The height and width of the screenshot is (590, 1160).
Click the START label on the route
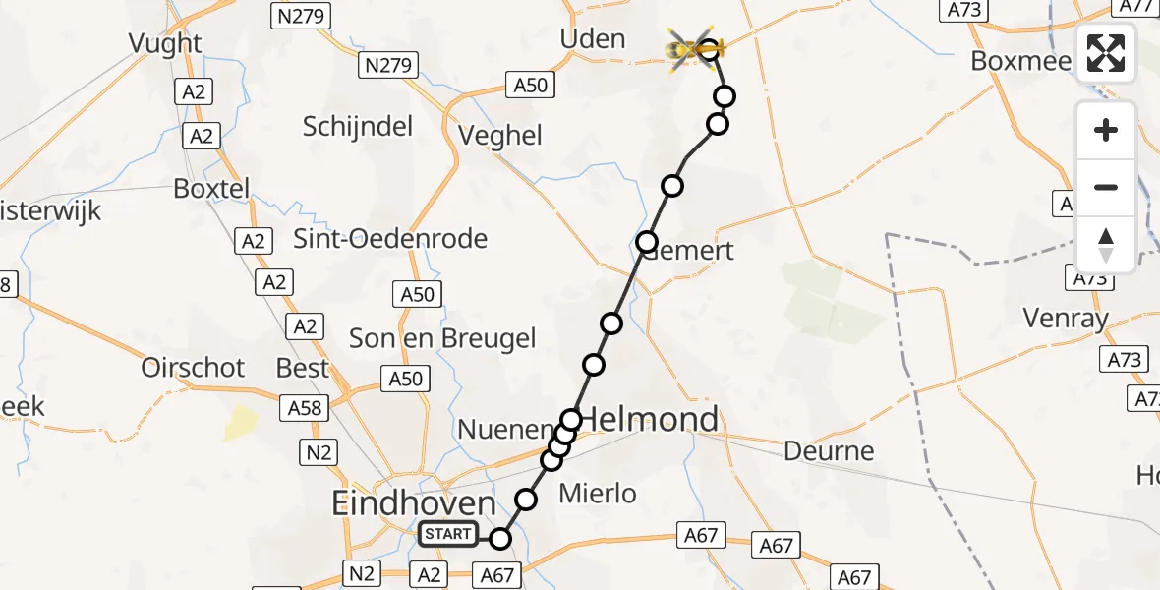[x=448, y=535]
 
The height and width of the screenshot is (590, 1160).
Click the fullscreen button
[x=1106, y=53]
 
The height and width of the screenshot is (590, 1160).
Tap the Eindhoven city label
[x=414, y=503]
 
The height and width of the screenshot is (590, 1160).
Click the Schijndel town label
[x=358, y=126]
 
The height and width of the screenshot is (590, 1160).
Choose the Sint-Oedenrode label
[x=390, y=239]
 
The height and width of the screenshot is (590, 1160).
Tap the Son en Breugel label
[x=443, y=339]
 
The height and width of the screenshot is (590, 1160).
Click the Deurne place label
[x=829, y=450]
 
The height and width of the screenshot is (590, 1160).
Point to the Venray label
[x=1066, y=319]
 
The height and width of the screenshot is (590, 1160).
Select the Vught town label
[x=165, y=43]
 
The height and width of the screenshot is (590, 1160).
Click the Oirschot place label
[x=193, y=368]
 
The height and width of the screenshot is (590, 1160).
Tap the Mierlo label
[x=597, y=494]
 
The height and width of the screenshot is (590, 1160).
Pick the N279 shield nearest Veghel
[x=389, y=67]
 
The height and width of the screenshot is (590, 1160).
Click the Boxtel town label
[x=211, y=188]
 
